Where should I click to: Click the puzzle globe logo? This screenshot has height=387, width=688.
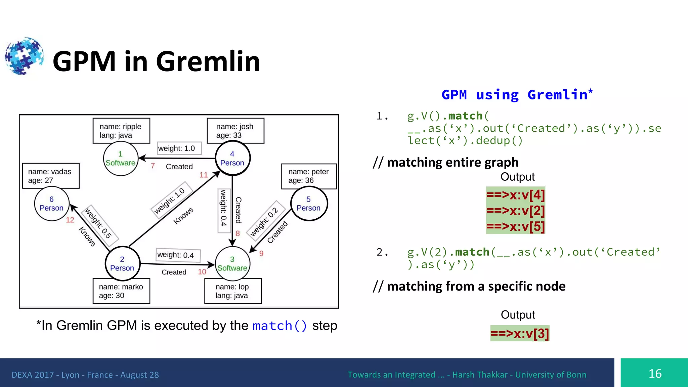(x=24, y=56)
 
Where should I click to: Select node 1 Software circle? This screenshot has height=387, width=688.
(x=121, y=159)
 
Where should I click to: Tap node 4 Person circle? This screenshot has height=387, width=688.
(x=232, y=158)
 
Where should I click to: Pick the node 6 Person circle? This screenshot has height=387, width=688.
(x=52, y=204)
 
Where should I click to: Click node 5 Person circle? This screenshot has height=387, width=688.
(x=309, y=204)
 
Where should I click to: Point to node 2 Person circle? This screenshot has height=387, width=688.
(x=122, y=264)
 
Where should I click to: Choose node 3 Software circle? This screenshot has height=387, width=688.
(x=232, y=264)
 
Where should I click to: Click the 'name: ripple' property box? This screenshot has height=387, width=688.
(x=121, y=131)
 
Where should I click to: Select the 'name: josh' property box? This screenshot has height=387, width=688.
(x=235, y=131)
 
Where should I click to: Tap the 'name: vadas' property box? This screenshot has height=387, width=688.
(x=51, y=176)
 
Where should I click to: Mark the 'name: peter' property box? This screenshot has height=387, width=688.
(x=309, y=176)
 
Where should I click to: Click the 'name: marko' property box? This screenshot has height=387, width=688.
(x=121, y=291)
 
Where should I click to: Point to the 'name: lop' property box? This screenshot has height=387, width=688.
(x=233, y=291)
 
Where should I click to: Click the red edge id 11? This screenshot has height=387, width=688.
(x=204, y=175)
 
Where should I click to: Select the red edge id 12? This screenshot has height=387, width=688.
(x=70, y=220)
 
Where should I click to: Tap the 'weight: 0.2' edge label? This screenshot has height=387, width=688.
(x=264, y=221)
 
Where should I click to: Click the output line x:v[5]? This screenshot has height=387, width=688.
(x=515, y=226)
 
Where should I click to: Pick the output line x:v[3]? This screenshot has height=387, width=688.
(x=519, y=334)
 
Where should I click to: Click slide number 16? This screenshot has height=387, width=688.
(x=655, y=374)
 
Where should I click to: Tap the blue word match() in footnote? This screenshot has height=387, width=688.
(x=279, y=326)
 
